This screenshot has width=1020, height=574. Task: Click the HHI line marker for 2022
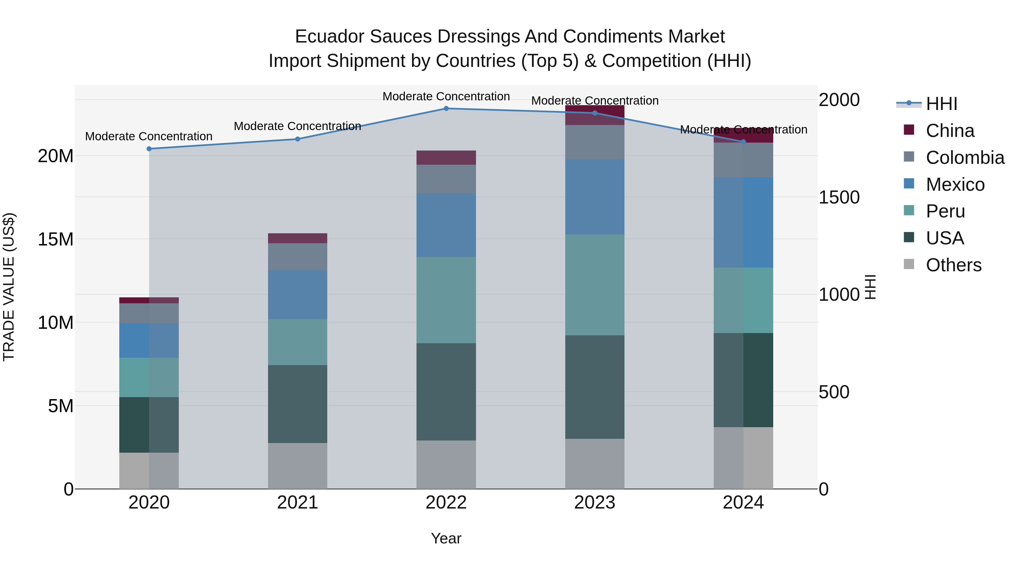tap(446, 109)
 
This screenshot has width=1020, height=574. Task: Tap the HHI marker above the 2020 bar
tap(149, 149)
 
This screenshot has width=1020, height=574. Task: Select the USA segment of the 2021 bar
tap(297, 404)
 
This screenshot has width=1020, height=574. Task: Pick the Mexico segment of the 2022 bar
tap(446, 225)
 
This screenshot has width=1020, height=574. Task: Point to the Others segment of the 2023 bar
tap(594, 463)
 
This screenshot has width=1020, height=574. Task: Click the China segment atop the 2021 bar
tap(297, 238)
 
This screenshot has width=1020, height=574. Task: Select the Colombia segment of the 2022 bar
tap(446, 179)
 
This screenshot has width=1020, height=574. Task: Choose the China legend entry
tap(949, 131)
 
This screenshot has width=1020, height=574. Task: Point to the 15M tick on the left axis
tap(56, 239)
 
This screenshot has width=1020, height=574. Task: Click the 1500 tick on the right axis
tap(839, 197)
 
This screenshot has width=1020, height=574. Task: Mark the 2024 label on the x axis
tap(743, 503)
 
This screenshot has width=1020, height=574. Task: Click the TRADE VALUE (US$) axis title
tap(9, 287)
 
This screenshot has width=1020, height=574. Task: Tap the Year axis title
tap(446, 538)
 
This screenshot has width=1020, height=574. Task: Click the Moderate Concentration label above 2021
tap(297, 126)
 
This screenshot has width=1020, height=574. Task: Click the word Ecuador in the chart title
tap(329, 37)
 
